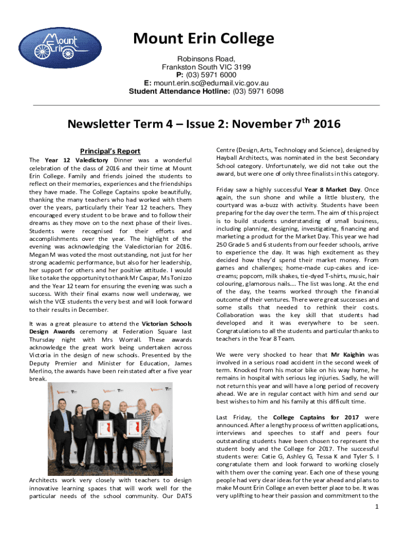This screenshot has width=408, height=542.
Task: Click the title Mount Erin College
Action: [x=204, y=39]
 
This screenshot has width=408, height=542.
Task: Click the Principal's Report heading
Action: [x=110, y=151]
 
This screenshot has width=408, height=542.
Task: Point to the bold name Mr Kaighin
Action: [x=348, y=355]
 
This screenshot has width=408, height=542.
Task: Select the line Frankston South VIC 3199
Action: [x=206, y=67]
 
